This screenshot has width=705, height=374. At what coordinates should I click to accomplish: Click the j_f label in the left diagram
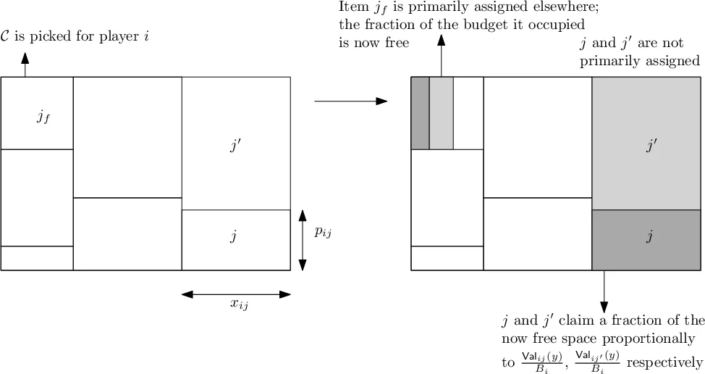(43, 117)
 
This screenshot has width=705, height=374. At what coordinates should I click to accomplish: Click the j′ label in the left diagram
(236, 146)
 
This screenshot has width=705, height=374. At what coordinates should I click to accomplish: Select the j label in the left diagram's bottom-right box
(233, 236)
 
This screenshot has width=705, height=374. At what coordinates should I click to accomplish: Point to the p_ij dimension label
(323, 232)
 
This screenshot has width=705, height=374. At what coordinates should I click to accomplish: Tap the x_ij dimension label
(239, 304)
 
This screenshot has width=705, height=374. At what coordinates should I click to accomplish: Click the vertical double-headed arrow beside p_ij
(303, 240)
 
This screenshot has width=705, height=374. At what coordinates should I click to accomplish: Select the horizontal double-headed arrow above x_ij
(236, 294)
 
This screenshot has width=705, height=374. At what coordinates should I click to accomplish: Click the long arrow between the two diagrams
(351, 101)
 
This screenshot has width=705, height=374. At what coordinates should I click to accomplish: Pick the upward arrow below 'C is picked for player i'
(25, 65)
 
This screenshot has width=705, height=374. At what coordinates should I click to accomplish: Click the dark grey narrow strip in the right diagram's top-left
(420, 113)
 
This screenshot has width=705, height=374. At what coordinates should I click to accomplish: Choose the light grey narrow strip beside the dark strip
(441, 113)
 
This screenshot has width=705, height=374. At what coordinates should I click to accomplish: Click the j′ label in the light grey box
(651, 146)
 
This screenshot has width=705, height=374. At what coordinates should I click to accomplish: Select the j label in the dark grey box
(649, 236)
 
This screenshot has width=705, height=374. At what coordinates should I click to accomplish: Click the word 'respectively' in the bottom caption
(664, 362)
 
